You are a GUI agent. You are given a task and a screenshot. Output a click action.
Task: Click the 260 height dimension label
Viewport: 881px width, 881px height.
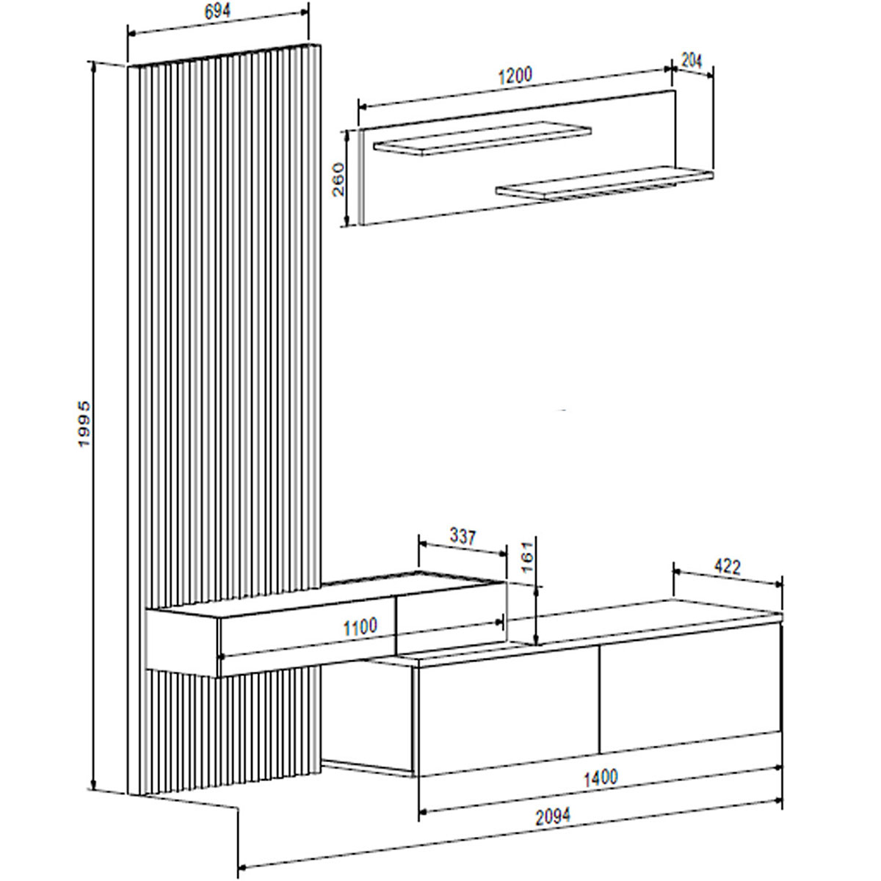(338, 178)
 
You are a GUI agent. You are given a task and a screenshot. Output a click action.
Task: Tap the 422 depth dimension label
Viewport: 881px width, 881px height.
(727, 566)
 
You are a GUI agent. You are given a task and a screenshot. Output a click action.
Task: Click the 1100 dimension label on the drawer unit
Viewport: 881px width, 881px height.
(360, 626)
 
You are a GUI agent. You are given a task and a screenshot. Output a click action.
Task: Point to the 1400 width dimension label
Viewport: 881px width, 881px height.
(600, 776)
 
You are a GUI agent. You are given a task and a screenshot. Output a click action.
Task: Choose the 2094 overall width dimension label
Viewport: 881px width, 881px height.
(551, 815)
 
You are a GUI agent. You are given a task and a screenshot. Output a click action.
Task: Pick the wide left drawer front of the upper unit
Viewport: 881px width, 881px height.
(307, 635)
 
